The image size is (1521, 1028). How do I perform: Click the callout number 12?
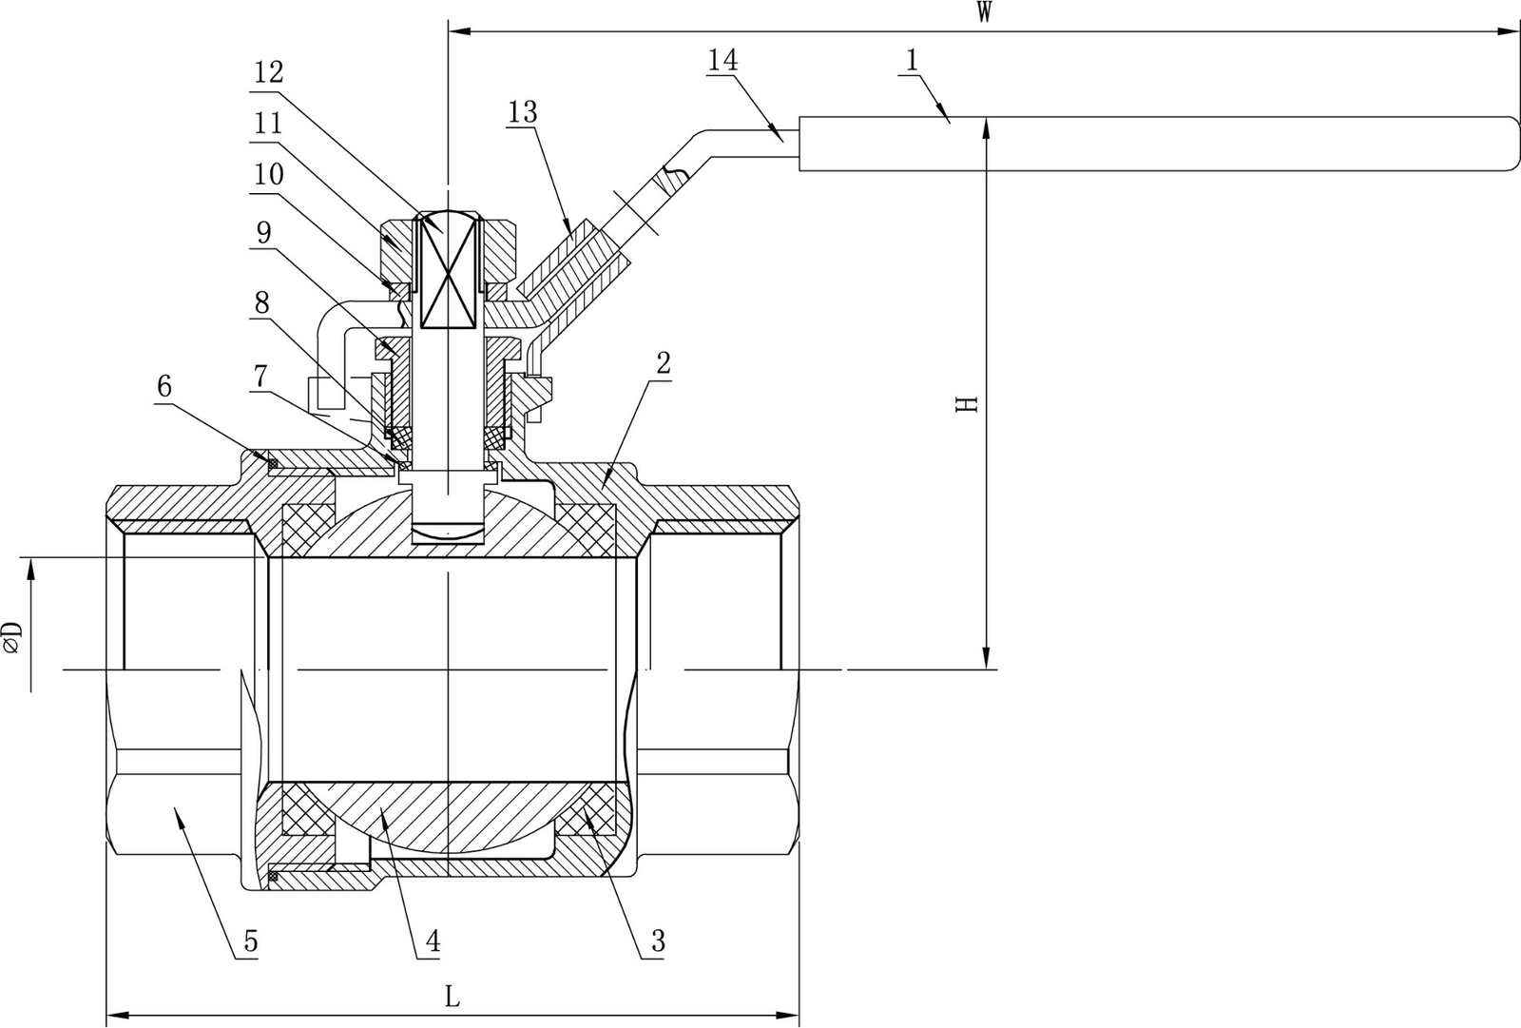pyautogui.click(x=268, y=72)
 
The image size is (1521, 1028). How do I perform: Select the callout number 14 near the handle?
pyautogui.click(x=722, y=60)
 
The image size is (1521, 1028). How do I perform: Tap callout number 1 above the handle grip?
pyautogui.click(x=911, y=60)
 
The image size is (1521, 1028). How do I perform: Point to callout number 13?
pyautogui.click(x=522, y=112)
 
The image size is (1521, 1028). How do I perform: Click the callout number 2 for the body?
pyautogui.click(x=663, y=362)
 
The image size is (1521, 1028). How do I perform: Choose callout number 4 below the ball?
pyautogui.click(x=432, y=941)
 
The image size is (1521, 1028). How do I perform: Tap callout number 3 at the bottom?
pyautogui.click(x=658, y=941)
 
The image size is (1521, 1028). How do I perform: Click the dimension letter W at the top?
pyautogui.click(x=984, y=12)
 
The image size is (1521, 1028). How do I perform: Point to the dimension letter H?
pyautogui.click(x=966, y=403)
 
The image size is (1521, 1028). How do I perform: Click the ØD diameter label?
pyautogui.click(x=12, y=638)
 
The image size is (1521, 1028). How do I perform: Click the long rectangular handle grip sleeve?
pyautogui.click(x=1155, y=144)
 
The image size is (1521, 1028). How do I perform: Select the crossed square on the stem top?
pyautogui.click(x=446, y=270)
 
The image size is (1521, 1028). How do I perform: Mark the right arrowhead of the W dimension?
pyautogui.click(x=1510, y=31)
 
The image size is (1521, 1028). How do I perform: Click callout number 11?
pyautogui.click(x=268, y=123)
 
